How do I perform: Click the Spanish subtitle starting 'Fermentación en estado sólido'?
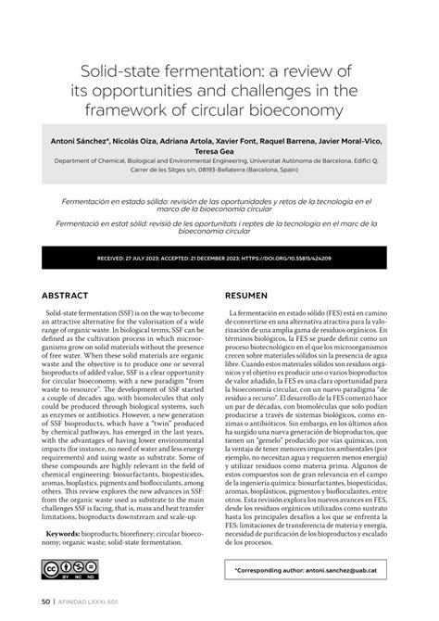219,206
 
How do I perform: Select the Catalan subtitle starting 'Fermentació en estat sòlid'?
219,229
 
